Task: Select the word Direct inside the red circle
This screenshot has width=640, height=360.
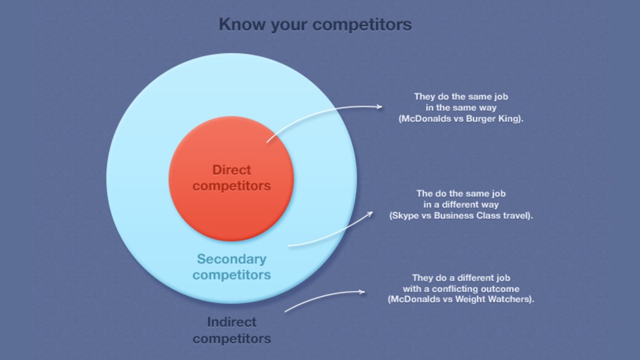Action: pyautogui.click(x=231, y=170)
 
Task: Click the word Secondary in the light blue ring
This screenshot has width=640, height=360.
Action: pyautogui.click(x=231, y=259)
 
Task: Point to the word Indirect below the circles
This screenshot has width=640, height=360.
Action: pyautogui.click(x=231, y=322)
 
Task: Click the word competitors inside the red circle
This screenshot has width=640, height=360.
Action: pyautogui.click(x=231, y=186)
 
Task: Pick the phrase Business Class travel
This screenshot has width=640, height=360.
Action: pyautogui.click(x=482, y=216)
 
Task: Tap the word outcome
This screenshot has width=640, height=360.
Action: pyautogui.click(x=500, y=289)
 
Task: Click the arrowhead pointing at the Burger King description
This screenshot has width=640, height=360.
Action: pyautogui.click(x=379, y=107)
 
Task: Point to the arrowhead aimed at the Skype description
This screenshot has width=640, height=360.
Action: pyautogui.click(x=370, y=214)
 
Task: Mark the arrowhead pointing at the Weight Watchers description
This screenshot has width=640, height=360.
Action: pyautogui.click(x=362, y=291)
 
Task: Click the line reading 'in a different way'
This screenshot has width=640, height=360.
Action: pyautogui.click(x=461, y=204)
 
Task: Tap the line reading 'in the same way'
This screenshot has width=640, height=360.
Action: pyautogui.click(x=461, y=107)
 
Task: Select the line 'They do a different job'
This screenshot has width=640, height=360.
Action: pyautogui.click(x=461, y=278)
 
